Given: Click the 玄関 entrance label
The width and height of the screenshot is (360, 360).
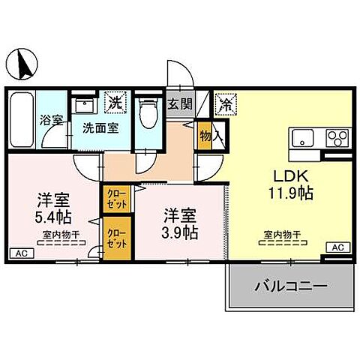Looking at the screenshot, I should (178, 104).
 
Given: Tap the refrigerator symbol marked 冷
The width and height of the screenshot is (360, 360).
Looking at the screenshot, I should (224, 103).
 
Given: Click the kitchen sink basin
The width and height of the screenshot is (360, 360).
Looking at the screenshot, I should (304, 139).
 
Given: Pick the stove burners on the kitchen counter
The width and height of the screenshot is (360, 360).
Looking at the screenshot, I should (337, 139).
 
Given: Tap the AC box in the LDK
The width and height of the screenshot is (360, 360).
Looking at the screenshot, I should (337, 247).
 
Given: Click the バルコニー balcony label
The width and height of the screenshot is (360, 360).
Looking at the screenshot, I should (290, 286).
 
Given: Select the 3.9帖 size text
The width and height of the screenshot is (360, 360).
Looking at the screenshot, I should (181, 232).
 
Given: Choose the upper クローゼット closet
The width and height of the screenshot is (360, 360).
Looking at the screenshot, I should (116, 197).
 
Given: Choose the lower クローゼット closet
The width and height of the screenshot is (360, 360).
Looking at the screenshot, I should (116, 238).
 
